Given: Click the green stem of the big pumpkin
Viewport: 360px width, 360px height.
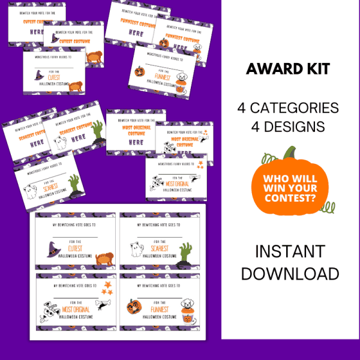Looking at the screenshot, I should pos(290,154).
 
